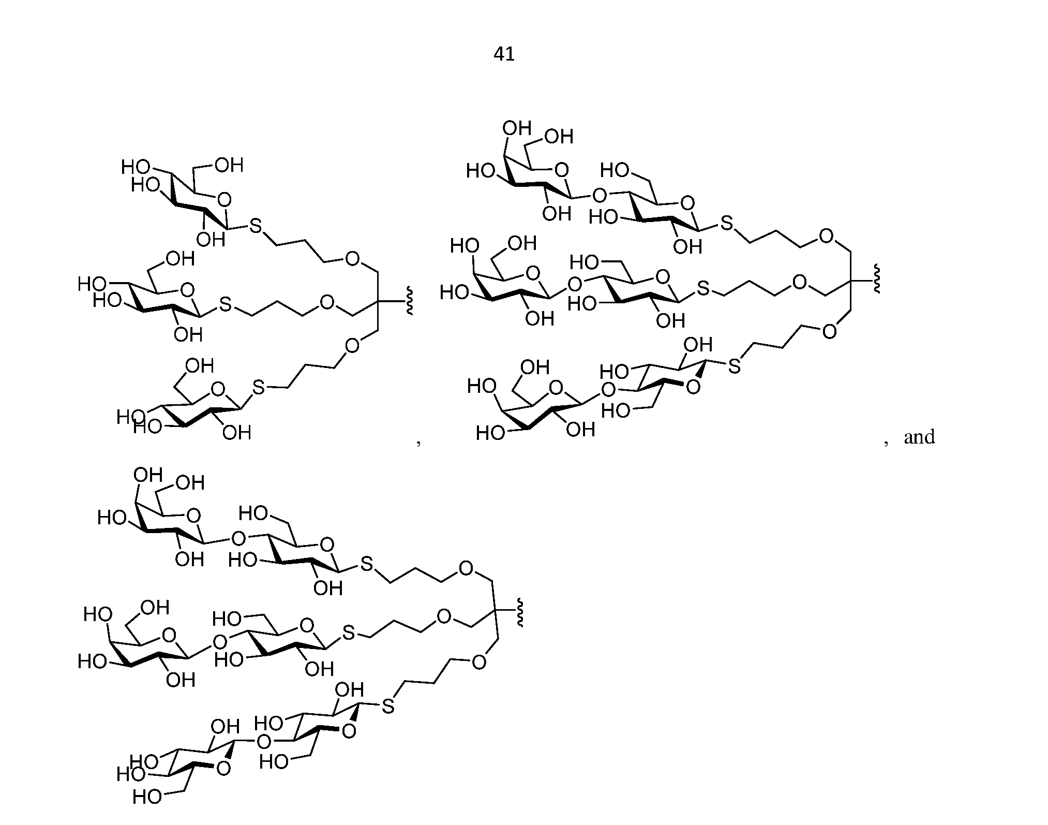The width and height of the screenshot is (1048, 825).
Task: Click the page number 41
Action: point(504,54)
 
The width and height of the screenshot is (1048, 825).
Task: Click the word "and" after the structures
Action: point(919,437)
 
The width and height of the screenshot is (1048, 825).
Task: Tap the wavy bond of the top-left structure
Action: point(409,301)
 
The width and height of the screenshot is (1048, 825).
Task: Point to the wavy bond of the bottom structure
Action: point(519,613)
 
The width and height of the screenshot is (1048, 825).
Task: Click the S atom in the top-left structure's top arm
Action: point(256,226)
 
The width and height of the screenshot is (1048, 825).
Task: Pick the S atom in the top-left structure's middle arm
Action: point(226,305)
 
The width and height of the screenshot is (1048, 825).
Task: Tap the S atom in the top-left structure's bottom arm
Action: point(258,387)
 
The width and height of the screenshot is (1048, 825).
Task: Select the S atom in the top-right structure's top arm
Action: point(727,224)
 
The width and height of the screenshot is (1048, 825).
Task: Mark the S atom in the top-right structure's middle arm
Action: point(703,289)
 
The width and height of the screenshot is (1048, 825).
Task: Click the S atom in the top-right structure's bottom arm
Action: point(734,366)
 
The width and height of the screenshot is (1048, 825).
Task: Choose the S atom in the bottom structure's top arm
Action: point(367,564)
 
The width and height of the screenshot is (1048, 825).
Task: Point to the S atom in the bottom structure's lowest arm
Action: point(388,706)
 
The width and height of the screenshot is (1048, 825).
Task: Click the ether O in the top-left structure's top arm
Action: point(352,259)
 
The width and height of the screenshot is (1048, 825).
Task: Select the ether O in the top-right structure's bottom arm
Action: point(829,331)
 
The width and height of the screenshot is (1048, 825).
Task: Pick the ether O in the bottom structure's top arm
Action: point(466,569)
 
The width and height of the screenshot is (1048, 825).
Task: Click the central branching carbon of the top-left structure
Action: point(377,301)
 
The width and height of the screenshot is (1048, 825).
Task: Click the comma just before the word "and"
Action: point(886,441)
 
